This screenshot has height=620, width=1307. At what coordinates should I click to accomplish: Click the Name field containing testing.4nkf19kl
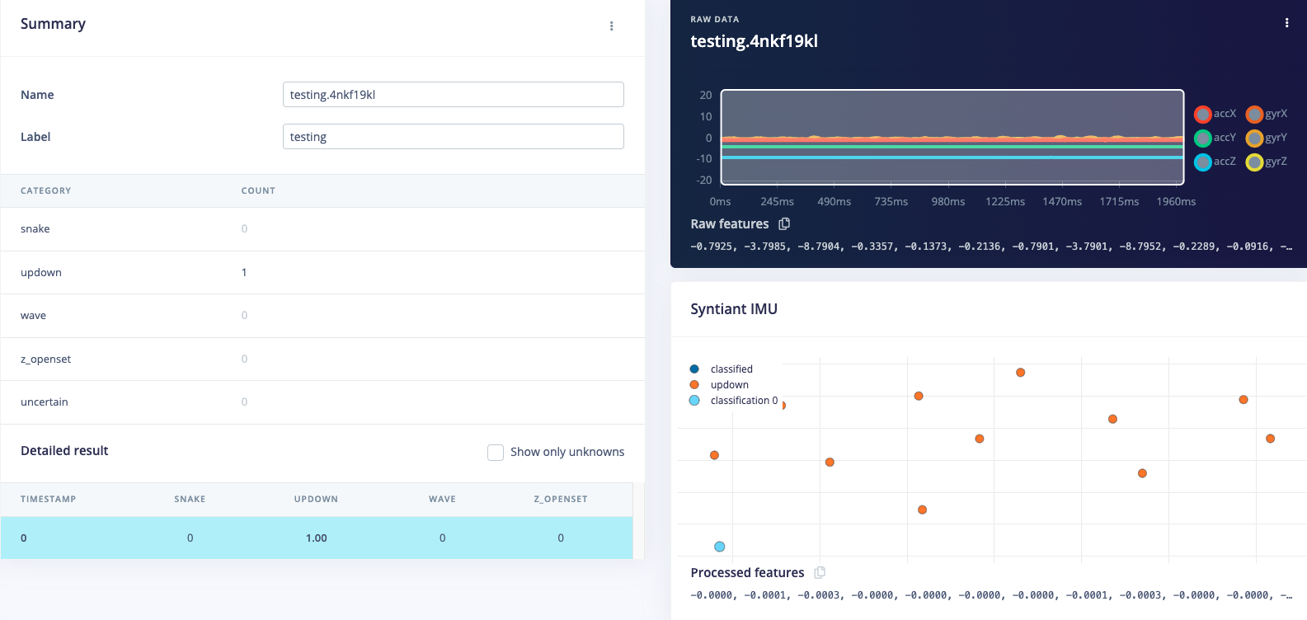453,95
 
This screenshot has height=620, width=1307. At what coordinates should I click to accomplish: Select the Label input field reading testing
453,137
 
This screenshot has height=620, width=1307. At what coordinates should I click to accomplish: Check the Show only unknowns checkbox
496,452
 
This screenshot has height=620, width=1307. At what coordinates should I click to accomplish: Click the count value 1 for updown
244,272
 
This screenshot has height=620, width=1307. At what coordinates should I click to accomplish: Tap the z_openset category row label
45,359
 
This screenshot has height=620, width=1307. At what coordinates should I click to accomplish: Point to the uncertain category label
45,402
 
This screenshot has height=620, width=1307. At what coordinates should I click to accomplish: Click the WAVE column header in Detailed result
442,499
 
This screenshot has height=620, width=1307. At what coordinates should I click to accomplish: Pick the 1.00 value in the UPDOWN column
316,538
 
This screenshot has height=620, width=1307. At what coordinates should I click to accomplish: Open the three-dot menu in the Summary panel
611,26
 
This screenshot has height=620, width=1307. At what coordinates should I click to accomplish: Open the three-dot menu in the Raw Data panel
1286,23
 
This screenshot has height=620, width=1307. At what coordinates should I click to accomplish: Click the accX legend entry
1215,114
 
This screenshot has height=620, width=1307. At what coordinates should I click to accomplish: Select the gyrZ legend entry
1267,162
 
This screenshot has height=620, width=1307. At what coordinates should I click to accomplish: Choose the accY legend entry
1215,138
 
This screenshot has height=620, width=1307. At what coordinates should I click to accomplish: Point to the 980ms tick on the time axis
948,202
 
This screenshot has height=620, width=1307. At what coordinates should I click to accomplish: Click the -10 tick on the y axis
704,158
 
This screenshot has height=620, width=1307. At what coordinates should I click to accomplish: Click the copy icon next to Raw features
784,223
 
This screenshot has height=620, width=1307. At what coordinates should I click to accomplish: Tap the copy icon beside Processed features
820,572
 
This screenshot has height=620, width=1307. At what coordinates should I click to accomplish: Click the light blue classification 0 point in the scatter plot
719,547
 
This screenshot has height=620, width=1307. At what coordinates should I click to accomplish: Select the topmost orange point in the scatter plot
1020,373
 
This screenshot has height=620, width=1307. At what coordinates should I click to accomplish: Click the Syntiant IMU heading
734,309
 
